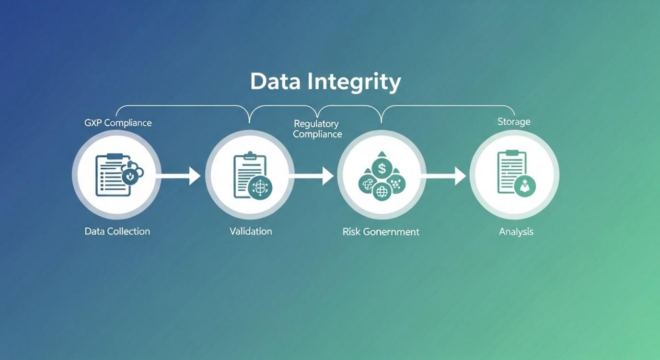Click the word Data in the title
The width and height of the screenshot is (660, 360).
click(275, 81)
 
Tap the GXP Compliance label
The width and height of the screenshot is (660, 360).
click(118, 123)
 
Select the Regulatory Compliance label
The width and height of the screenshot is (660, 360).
click(317, 129)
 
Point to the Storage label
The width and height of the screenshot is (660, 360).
click(514, 121)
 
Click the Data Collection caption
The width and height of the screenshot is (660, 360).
click(117, 231)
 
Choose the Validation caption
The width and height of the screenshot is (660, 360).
click(251, 231)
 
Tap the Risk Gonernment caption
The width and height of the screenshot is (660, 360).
click(381, 232)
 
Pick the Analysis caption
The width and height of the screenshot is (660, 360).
click(516, 232)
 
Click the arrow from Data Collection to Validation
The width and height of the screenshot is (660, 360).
click(178, 176)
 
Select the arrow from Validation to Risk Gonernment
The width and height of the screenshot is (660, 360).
click(311, 176)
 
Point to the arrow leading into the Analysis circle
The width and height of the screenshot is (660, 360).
click(443, 176)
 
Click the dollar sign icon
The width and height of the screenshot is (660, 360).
click(382, 169)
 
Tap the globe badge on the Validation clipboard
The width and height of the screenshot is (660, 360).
click(260, 187)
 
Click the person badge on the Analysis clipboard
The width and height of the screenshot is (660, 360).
click(525, 186)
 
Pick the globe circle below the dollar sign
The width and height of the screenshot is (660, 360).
click(382, 192)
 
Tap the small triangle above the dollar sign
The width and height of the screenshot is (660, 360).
click(382, 154)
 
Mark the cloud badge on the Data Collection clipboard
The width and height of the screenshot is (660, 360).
click(132, 174)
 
